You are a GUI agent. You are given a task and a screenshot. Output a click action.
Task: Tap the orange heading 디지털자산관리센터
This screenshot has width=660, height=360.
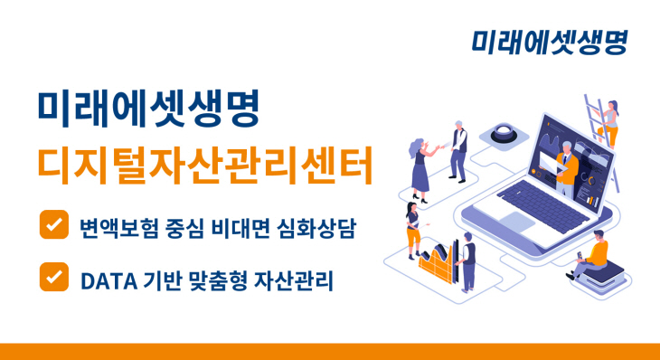coord(204,164)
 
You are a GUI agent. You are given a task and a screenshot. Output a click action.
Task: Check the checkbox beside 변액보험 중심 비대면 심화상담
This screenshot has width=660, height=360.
coord(54,223)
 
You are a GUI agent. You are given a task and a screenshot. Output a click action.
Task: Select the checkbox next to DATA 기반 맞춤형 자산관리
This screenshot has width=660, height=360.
coord(54,277)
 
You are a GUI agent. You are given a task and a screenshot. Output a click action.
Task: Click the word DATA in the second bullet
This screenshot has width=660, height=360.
coord(107,281)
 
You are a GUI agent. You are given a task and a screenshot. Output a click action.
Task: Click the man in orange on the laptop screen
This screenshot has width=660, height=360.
coord(566,163)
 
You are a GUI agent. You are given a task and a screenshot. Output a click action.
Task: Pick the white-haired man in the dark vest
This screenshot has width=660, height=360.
coord(458,148)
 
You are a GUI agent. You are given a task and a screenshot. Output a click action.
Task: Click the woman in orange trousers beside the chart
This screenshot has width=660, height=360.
coord(413,231)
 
